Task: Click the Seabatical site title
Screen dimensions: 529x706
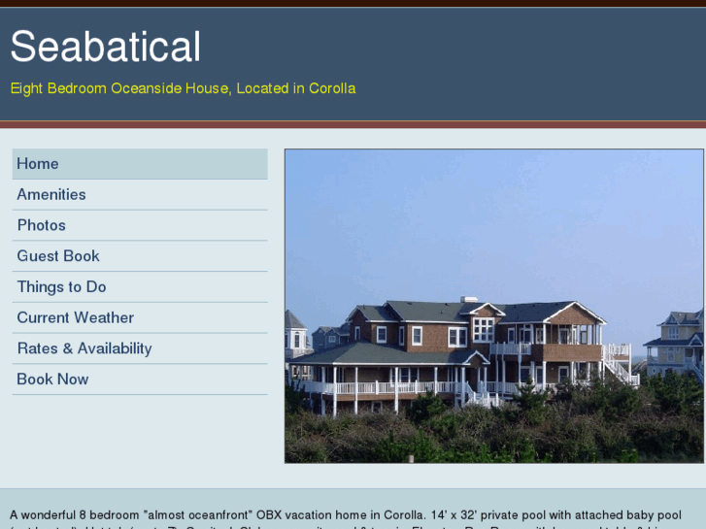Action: pos(106,47)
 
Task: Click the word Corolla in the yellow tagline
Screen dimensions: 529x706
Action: pos(332,88)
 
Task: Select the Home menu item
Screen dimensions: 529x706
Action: pos(38,164)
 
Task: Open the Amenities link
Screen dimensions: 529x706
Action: pos(51,194)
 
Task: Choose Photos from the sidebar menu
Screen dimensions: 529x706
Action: pos(42,225)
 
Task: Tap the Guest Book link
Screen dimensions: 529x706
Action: pos(58,256)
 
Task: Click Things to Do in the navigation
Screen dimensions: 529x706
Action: pos(61,287)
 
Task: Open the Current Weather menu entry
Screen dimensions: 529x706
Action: pos(76,317)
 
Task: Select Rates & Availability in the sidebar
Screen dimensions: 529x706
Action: pos(84,348)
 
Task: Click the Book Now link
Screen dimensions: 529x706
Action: pos(52,380)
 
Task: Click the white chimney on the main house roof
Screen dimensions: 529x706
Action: pos(470,302)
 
